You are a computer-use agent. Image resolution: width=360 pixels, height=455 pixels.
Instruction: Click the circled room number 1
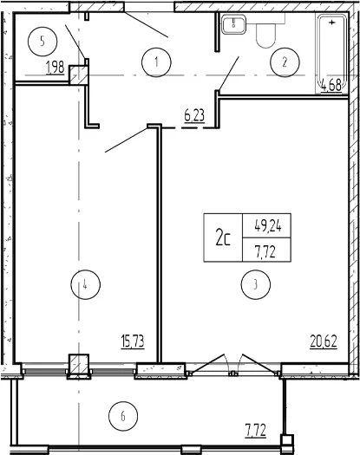pyautogui.click(x=156, y=62)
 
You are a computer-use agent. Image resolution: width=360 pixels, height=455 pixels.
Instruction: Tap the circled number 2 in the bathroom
pyautogui.click(x=285, y=62)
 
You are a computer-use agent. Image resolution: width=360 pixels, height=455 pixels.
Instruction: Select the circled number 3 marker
pyautogui.click(x=255, y=284)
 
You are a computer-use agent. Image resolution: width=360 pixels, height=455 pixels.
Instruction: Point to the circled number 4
pyautogui.click(x=85, y=284)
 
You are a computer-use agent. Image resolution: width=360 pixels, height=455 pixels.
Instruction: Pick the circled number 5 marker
pyautogui.click(x=43, y=42)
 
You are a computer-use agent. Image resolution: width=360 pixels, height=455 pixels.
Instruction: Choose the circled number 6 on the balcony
pyautogui.click(x=123, y=416)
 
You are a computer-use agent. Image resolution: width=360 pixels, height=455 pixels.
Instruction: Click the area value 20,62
pyautogui.click(x=324, y=341)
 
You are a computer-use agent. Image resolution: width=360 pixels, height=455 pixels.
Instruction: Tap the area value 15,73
pyautogui.click(x=133, y=341)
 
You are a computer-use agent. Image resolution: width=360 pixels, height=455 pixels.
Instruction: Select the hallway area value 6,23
pyautogui.click(x=194, y=115)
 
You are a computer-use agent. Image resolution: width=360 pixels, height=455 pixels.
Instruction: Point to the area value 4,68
pyautogui.click(x=331, y=86)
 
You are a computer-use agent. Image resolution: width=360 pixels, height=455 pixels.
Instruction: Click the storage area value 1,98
pyautogui.click(x=55, y=68)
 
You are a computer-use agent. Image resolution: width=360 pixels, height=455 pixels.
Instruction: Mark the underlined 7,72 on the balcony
pyautogui.click(x=256, y=430)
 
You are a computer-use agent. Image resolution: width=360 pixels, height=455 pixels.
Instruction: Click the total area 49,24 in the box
pyautogui.click(x=267, y=226)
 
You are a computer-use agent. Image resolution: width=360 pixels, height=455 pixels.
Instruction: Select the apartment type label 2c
pyautogui.click(x=223, y=238)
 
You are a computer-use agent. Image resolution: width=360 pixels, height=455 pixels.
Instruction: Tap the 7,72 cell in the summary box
pyautogui.click(x=265, y=252)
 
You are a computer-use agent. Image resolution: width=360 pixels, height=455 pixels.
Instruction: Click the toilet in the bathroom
pyautogui.click(x=265, y=31)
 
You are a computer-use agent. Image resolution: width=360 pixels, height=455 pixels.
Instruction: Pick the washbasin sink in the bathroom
pyautogui.click(x=234, y=23)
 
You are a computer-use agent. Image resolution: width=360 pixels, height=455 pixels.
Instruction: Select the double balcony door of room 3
pyautogui.click(x=233, y=365)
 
